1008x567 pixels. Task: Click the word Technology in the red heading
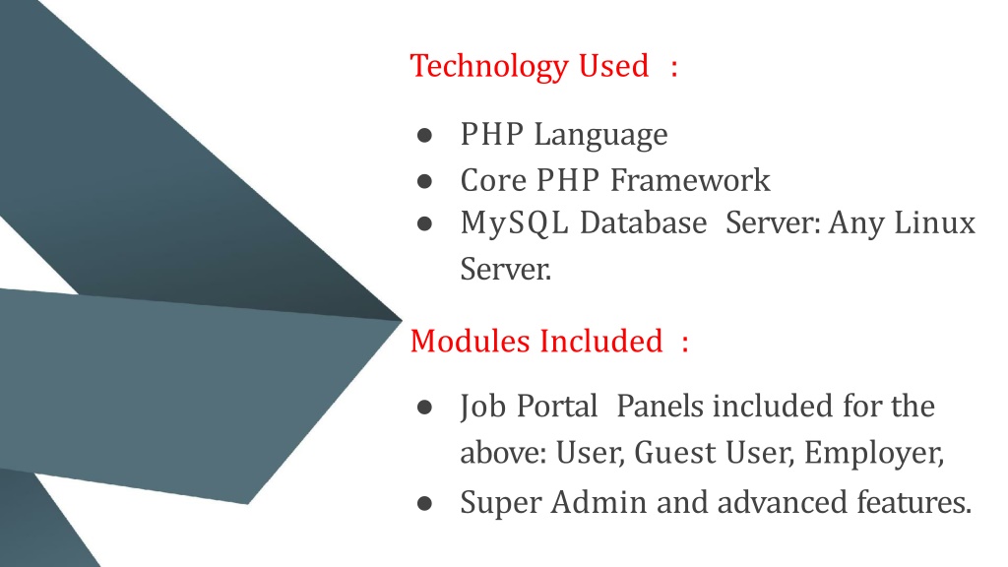[489, 67]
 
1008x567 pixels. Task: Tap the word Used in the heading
[613, 66]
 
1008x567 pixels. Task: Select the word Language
[600, 136]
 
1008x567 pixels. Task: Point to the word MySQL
[514, 224]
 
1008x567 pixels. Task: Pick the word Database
[643, 222]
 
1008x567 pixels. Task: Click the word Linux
[935, 222]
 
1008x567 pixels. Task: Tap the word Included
[600, 341]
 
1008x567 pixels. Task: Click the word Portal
[557, 407]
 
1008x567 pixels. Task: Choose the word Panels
[660, 407]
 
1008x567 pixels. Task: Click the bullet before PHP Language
[424, 136]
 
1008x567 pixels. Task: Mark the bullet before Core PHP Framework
[424, 182]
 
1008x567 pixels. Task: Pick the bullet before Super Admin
[424, 503]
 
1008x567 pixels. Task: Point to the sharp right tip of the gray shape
[402, 320]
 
